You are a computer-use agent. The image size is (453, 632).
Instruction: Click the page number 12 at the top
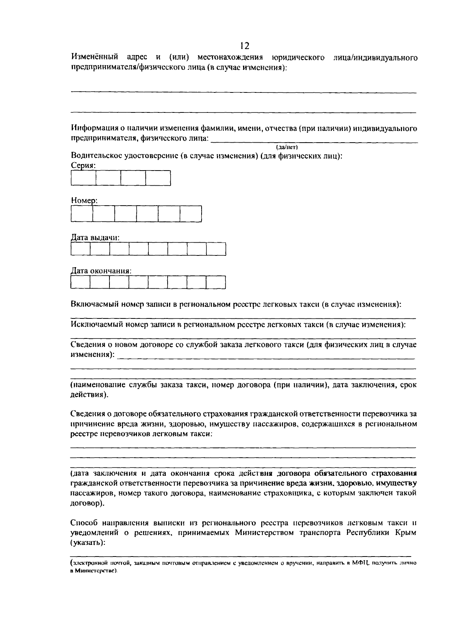click(x=244, y=46)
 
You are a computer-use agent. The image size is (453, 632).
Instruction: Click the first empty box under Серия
click(x=83, y=178)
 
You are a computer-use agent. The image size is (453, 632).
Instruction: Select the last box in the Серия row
click(x=158, y=178)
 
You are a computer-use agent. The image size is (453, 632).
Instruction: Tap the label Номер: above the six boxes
click(x=84, y=201)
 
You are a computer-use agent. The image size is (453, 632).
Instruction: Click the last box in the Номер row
click(x=191, y=214)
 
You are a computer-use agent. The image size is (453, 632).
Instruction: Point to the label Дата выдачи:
click(x=95, y=238)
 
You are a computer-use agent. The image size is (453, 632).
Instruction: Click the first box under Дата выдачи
click(x=80, y=249)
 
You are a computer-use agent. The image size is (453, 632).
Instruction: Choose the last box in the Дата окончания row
click(x=216, y=282)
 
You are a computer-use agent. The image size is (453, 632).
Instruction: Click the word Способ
click(x=84, y=523)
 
